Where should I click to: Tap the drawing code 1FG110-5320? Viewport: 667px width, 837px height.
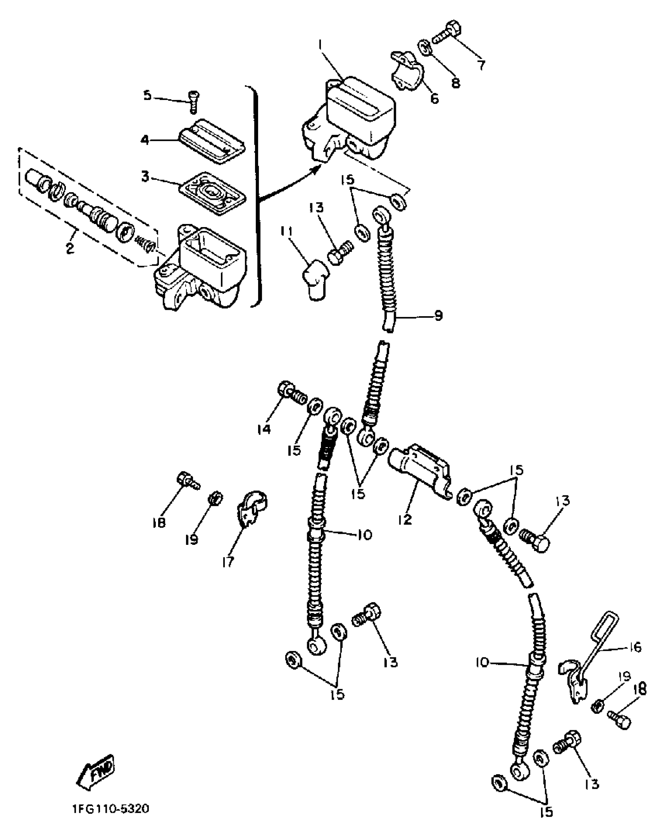(x=111, y=809)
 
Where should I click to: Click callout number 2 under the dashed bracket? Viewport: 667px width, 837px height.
(x=70, y=247)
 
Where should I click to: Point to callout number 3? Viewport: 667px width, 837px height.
(x=146, y=177)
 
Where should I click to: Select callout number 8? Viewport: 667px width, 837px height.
(x=455, y=83)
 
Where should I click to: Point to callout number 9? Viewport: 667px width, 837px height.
(x=438, y=315)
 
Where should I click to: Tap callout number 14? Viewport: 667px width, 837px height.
(x=264, y=429)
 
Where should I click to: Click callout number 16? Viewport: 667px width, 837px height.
(x=635, y=647)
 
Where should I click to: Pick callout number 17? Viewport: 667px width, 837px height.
(x=228, y=562)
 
